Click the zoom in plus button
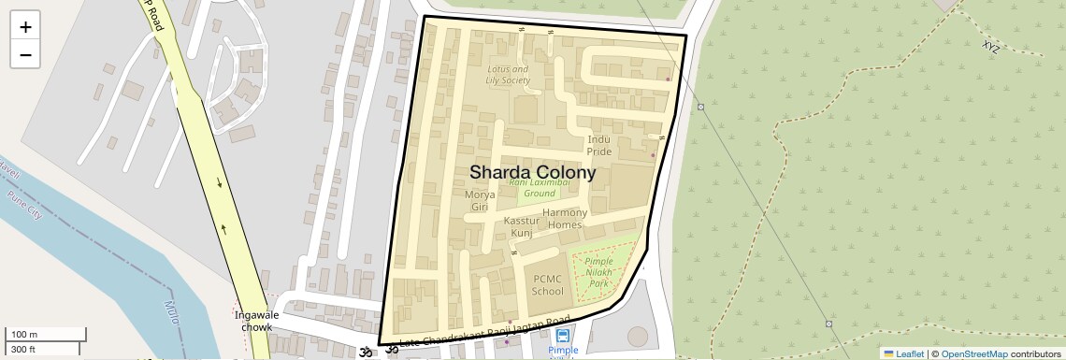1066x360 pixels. point(25,27)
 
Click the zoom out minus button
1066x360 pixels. point(25,54)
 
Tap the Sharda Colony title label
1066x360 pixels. point(532,173)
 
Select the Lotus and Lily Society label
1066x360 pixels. point(509,75)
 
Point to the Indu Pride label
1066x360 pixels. point(599,145)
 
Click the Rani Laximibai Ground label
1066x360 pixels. point(539,187)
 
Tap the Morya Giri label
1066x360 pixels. point(480,200)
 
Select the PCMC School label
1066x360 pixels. point(548,284)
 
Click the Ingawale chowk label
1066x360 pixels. point(252,321)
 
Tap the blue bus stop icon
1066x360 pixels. point(563,337)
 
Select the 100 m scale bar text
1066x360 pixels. point(24,334)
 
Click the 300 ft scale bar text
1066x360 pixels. point(23,350)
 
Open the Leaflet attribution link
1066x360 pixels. point(902,353)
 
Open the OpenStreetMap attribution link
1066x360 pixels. point(974,353)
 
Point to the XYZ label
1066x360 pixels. point(991,46)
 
